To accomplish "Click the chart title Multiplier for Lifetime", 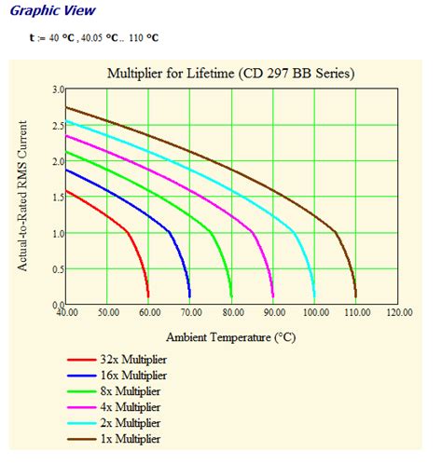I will pyautogui.click(x=230, y=72).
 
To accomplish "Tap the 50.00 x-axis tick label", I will pyautogui.click(x=107, y=313).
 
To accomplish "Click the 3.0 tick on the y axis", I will pyautogui.click(x=58, y=89).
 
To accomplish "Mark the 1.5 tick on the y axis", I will pyautogui.click(x=58, y=198).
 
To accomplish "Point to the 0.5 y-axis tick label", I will pyautogui.click(x=58, y=269).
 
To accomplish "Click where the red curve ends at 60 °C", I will pyautogui.click(x=148, y=296).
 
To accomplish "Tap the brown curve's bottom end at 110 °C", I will pyautogui.click(x=355, y=296).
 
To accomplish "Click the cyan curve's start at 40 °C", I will pyautogui.click(x=66, y=122).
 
